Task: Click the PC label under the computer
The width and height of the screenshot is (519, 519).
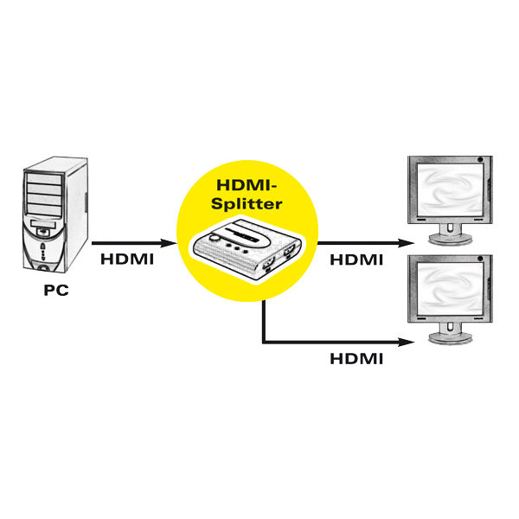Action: click(56, 291)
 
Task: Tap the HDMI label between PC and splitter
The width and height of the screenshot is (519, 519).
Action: click(127, 259)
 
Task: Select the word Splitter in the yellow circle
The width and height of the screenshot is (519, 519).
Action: click(247, 204)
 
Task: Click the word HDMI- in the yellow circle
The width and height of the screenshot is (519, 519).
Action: click(247, 185)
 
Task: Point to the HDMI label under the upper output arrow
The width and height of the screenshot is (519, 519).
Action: click(356, 259)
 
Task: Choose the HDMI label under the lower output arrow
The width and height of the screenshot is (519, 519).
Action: click(356, 359)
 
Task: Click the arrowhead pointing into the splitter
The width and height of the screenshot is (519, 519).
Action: click(169, 243)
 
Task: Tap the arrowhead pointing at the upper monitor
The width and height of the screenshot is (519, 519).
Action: click(407, 243)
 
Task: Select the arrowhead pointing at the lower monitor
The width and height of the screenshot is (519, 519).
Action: click(407, 343)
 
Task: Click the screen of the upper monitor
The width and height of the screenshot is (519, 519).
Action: click(450, 190)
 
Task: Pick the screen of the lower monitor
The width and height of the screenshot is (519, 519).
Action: click(450, 289)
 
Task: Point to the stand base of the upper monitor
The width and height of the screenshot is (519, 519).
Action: click(450, 239)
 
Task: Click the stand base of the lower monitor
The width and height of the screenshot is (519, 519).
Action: click(450, 338)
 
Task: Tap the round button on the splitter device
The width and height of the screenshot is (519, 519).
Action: click(215, 237)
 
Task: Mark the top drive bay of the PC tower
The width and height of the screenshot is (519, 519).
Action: click(44, 178)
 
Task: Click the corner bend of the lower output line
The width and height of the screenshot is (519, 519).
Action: click(264, 342)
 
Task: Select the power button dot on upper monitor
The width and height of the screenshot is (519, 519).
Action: click(481, 160)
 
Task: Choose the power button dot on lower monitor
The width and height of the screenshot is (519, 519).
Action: click(481, 259)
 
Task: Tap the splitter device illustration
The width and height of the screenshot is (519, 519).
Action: click(247, 248)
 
